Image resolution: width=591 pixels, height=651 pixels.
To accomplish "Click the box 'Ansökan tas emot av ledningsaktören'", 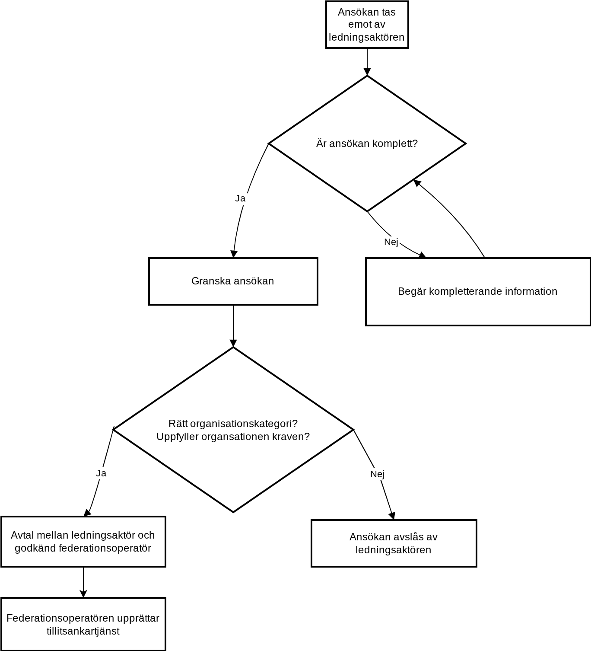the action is [x=367, y=25].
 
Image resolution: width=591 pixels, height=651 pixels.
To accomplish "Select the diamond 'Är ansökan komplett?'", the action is [x=367, y=144].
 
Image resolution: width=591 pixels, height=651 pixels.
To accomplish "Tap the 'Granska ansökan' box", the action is [x=233, y=281].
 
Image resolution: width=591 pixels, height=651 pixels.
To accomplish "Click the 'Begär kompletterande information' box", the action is [x=477, y=292].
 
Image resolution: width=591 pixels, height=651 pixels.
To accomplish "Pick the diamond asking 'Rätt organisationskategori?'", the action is [x=233, y=430].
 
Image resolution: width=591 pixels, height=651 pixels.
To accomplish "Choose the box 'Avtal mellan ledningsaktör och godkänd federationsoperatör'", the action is [x=83, y=542].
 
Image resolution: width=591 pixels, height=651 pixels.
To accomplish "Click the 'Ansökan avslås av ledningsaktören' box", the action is [x=394, y=544].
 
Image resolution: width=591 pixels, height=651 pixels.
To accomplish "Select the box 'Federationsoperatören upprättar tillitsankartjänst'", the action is [x=83, y=624].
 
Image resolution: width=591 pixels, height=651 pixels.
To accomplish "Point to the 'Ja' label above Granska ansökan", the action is [x=240, y=198].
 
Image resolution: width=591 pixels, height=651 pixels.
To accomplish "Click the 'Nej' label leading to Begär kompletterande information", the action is [x=391, y=242].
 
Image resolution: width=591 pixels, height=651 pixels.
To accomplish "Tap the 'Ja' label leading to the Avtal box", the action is [x=101, y=473].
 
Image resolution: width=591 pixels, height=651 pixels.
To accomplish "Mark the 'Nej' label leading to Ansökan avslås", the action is [x=377, y=474].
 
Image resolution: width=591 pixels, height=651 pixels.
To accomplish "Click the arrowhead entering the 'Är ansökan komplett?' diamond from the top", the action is [x=367, y=72].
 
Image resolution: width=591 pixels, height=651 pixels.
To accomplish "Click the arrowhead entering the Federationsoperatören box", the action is [x=83, y=594].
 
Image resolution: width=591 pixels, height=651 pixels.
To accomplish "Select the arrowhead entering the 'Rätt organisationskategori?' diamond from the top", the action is [x=233, y=343].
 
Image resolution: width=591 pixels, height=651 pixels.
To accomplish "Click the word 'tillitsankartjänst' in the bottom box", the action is [x=83, y=631].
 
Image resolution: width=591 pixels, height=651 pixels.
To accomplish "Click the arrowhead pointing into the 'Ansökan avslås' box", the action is [x=392, y=516].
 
